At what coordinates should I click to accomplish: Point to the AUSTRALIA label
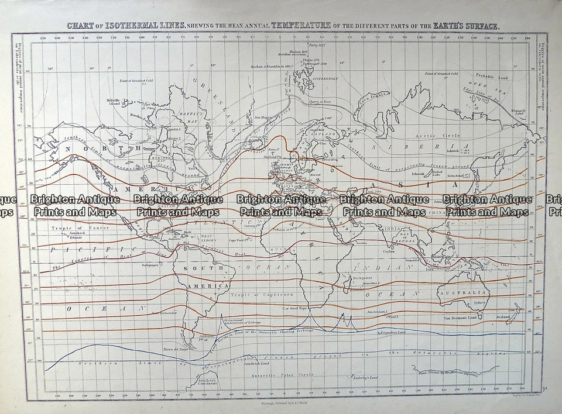tap(464, 292)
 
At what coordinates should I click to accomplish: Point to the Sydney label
tap(479, 303)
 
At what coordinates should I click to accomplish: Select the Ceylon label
tap(390, 251)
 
